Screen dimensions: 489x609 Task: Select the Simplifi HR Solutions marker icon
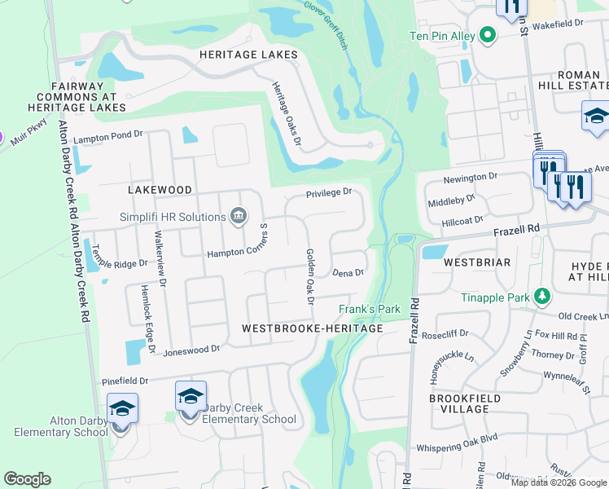238,216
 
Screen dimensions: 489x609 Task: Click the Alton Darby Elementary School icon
122,409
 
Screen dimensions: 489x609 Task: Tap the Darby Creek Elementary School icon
191,397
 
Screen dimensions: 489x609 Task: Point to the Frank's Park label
370,310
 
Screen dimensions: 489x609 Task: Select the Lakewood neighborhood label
160,190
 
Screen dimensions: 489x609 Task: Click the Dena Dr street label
348,273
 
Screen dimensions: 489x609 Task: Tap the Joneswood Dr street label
191,349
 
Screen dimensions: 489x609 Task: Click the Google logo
27,479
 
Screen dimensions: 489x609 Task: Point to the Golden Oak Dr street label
309,276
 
